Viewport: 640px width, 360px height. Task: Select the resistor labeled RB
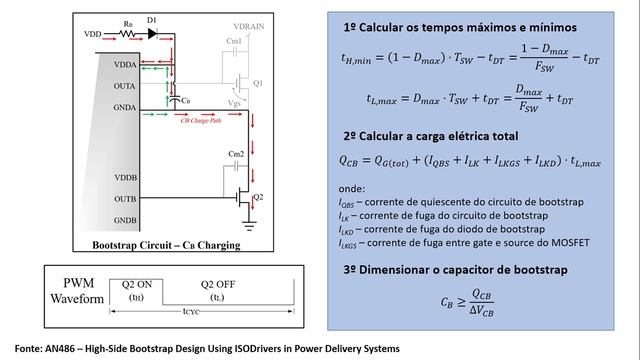(x=127, y=32)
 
